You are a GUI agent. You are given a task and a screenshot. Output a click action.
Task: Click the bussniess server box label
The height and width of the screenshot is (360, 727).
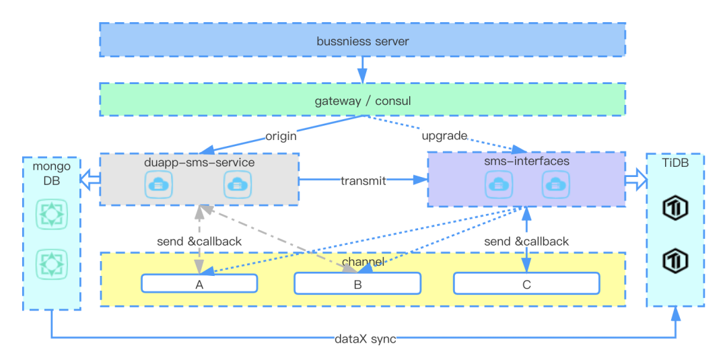click(362, 41)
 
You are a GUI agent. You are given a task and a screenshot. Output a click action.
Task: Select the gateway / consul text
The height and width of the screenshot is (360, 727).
click(362, 102)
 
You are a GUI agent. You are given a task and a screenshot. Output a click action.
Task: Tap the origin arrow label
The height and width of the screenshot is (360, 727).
click(281, 136)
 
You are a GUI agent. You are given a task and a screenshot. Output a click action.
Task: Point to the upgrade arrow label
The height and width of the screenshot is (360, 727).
click(444, 136)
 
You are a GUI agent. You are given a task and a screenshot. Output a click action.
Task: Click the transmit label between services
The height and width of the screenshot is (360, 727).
click(363, 180)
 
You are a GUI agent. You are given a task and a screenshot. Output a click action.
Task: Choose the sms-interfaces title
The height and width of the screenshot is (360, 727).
click(526, 161)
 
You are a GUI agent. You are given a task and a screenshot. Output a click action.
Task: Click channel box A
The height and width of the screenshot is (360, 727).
click(199, 284)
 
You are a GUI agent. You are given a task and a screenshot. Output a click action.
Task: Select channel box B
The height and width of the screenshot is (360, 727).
click(357, 284)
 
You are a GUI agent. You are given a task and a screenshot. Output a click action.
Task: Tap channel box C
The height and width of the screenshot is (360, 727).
click(526, 284)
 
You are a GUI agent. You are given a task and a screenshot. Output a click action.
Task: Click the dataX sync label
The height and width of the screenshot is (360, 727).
click(365, 339)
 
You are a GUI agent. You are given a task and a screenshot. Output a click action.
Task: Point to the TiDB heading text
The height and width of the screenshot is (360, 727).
click(675, 163)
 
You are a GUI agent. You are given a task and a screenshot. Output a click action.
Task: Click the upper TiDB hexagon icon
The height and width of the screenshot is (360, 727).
click(675, 209)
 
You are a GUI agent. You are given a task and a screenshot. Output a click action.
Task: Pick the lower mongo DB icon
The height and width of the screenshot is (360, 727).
click(51, 264)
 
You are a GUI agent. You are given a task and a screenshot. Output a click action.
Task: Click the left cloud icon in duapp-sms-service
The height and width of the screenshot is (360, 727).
click(158, 184)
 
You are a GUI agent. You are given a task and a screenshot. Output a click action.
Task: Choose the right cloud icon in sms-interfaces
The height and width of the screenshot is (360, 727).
click(557, 184)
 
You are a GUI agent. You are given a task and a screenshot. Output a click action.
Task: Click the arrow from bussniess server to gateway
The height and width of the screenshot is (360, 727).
click(362, 69)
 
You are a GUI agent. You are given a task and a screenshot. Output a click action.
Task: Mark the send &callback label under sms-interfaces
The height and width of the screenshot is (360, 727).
click(526, 241)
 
